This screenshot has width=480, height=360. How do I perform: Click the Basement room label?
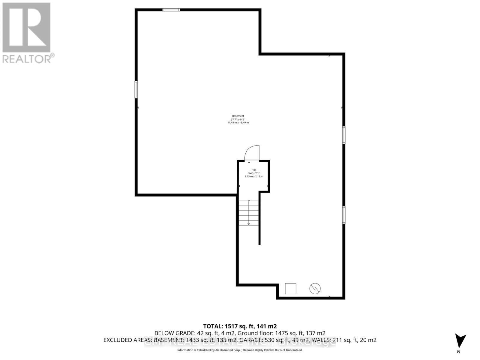238,116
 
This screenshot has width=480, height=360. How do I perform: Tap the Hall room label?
254,170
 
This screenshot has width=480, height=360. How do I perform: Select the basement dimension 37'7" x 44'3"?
238,119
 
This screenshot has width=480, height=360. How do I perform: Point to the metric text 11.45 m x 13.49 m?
238,123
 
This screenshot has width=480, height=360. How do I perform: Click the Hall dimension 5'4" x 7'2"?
254,173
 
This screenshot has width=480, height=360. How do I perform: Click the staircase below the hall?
249,213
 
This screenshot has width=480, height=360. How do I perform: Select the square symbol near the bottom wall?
290,289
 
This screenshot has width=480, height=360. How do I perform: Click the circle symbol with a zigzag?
315,289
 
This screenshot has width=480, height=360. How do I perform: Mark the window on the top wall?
171,10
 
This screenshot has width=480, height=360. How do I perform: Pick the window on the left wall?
136,89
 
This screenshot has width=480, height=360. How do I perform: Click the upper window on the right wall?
344,135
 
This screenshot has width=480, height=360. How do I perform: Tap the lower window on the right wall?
344,215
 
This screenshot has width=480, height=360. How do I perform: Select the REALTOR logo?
28,33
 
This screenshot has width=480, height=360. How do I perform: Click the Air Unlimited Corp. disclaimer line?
240,350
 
